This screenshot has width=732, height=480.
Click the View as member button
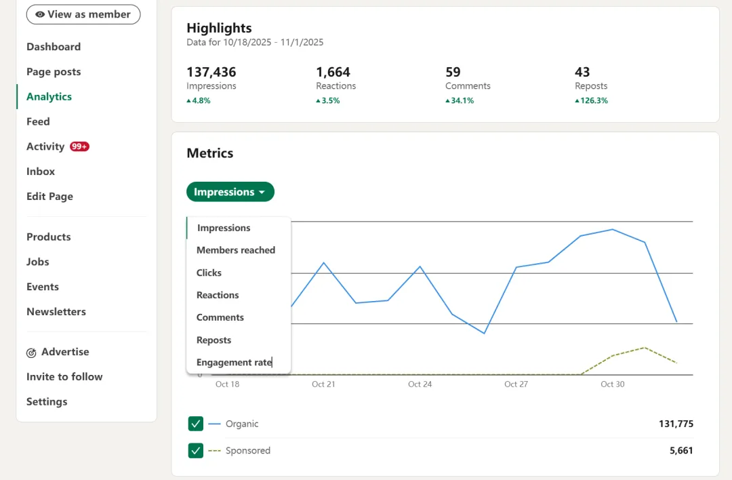(x=83, y=14)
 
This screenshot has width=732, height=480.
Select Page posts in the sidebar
(x=54, y=72)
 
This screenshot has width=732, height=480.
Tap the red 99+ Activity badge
(x=79, y=146)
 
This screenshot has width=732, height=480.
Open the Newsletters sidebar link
(x=56, y=312)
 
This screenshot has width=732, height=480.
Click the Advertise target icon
(x=31, y=353)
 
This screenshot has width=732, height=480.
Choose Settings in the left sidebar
(x=47, y=401)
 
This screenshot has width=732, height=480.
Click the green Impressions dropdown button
(x=230, y=192)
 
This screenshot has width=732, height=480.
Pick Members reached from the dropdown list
(x=236, y=250)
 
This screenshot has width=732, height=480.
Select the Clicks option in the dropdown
(x=209, y=273)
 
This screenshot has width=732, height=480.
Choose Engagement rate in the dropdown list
(x=234, y=362)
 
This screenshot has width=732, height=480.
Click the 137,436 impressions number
(x=211, y=72)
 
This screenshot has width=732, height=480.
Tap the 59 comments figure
(x=453, y=72)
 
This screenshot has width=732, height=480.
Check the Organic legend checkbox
(x=196, y=424)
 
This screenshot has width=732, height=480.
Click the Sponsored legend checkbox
(x=196, y=450)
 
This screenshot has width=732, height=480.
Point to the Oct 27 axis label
(x=516, y=384)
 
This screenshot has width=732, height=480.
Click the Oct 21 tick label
(x=323, y=384)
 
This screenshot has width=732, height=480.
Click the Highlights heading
(x=219, y=28)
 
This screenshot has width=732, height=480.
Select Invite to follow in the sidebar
(x=64, y=377)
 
